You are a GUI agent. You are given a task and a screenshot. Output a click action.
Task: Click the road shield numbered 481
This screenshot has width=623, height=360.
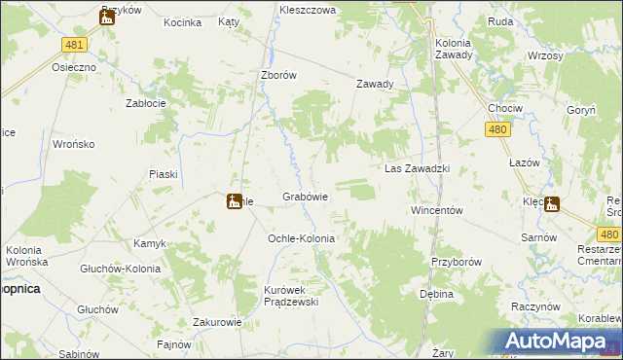[73, 45]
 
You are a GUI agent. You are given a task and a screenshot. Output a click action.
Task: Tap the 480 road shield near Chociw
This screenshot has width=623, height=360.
[497, 128]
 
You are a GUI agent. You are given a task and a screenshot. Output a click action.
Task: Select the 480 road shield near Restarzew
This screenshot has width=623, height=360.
[609, 234]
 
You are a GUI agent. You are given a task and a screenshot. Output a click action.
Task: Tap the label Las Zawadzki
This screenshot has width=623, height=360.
[416, 168]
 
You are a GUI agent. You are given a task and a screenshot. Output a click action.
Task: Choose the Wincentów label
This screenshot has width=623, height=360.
[435, 210]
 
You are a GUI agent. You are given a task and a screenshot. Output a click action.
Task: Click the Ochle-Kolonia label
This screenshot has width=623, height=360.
[301, 238]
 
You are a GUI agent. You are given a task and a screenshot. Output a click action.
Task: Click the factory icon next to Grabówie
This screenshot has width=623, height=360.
[234, 201]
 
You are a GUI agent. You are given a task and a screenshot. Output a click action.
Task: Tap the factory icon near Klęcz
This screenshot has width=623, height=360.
[553, 204]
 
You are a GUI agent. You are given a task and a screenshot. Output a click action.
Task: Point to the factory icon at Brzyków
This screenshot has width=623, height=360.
[107, 16]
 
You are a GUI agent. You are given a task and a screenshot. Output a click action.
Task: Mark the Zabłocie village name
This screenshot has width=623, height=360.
[147, 102]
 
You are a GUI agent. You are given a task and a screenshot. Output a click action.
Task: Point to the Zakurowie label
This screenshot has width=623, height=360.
[217, 320]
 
